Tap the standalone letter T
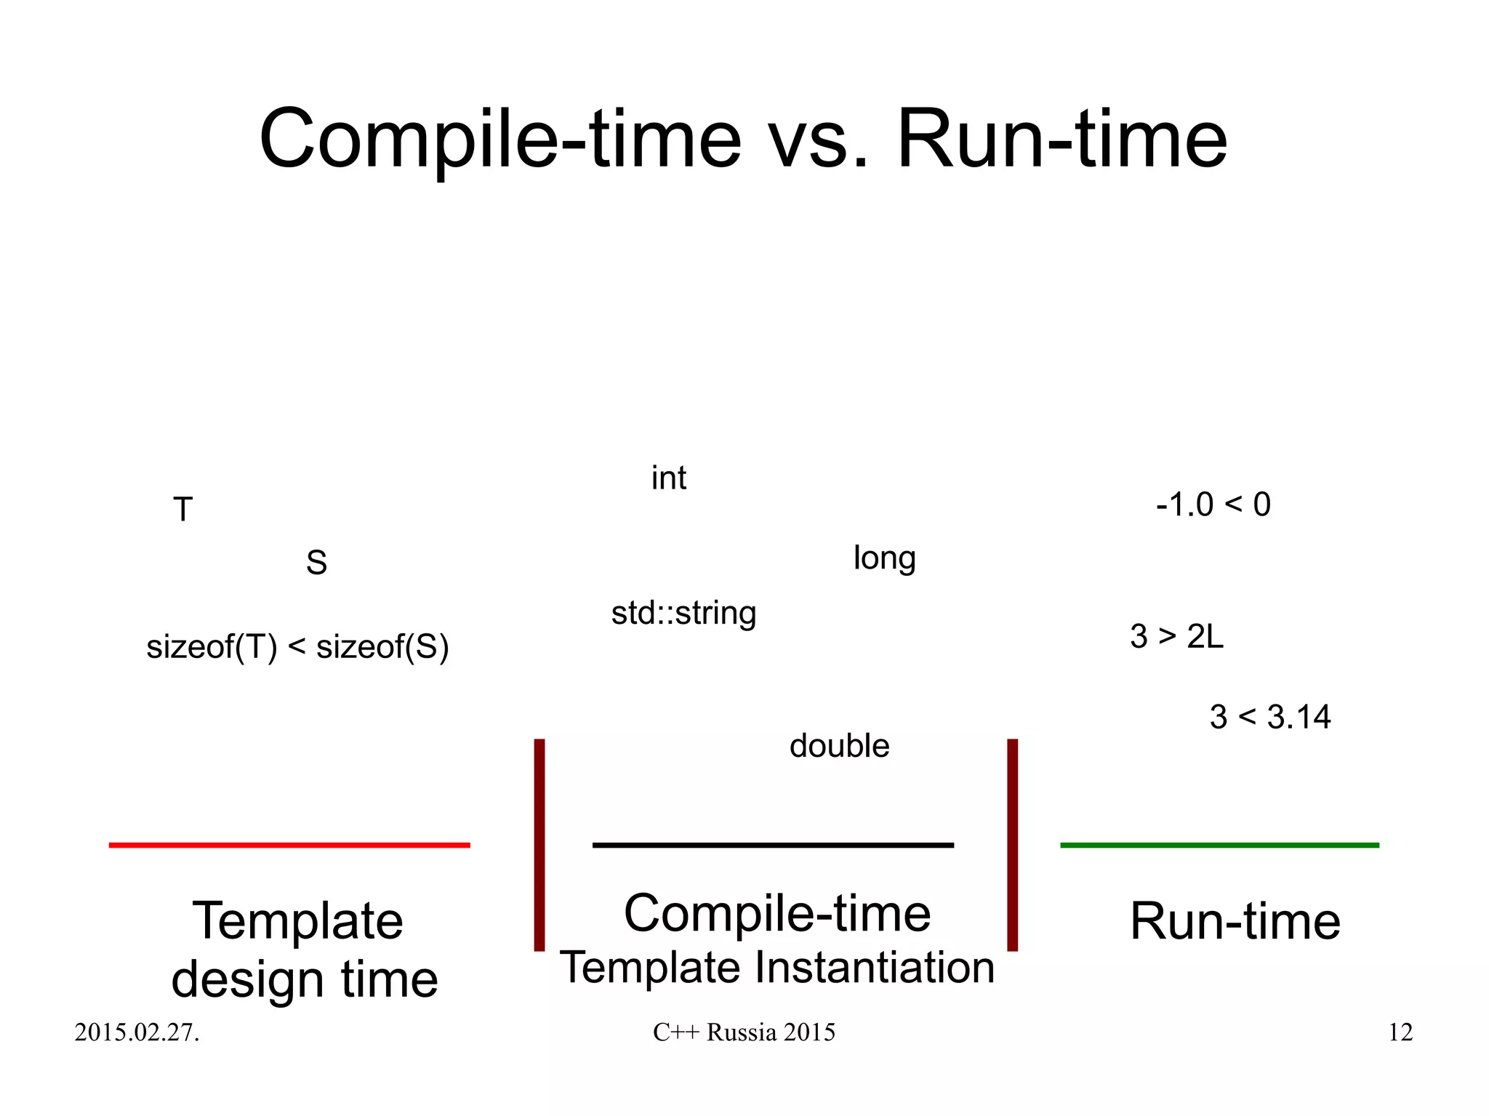(x=182, y=509)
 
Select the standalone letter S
(x=316, y=563)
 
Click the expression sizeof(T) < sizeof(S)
(x=297, y=646)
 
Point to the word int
(x=668, y=478)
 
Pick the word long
(x=884, y=558)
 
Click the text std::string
(x=683, y=613)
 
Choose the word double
(x=839, y=746)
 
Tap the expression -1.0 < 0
(x=1213, y=505)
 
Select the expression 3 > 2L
(x=1176, y=636)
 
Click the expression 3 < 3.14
(x=1269, y=717)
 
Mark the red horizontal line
(x=289, y=845)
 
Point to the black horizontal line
(x=773, y=845)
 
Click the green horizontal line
(x=1219, y=845)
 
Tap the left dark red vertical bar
(x=539, y=845)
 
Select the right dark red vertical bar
(x=1012, y=845)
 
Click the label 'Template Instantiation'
(x=776, y=968)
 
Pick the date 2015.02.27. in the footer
(x=137, y=1032)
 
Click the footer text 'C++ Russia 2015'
(x=744, y=1032)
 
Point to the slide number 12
(x=1400, y=1032)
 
